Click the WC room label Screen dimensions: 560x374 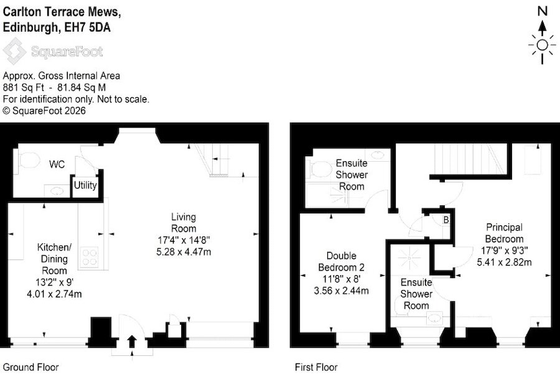click(x=57, y=164)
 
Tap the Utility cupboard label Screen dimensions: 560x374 click(x=85, y=185)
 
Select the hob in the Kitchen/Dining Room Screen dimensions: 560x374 click(x=89, y=257)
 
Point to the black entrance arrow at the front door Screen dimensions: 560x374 click(x=132, y=342)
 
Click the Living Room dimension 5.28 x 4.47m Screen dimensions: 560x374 click(x=184, y=252)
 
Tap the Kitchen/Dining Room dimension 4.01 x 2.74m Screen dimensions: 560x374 click(x=54, y=294)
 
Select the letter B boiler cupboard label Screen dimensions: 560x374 click(x=446, y=220)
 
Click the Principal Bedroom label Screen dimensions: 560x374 click(x=504, y=233)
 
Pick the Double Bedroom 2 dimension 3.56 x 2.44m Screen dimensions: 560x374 click(x=342, y=291)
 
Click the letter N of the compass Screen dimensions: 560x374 click(x=543, y=11)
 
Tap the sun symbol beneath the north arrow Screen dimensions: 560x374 click(x=542, y=45)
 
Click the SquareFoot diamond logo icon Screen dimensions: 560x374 click(x=14, y=52)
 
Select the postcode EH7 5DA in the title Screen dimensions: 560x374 click(x=87, y=27)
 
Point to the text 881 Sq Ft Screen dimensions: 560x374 click(x=23, y=88)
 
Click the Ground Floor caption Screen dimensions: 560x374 click(x=30, y=367)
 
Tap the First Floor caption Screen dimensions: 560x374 click(x=316, y=367)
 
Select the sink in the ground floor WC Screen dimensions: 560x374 click(x=57, y=191)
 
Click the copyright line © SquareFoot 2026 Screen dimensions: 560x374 click(x=44, y=111)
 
